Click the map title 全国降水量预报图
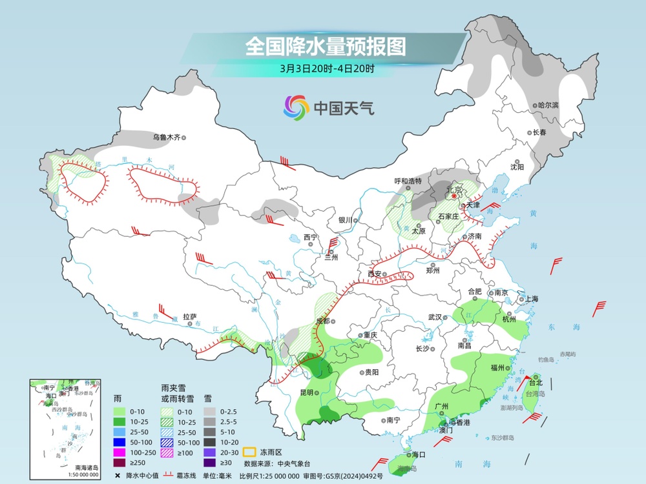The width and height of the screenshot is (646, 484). point(325,46)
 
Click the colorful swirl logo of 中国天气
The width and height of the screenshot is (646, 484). point(297,108)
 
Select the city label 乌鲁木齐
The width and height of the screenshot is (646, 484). point(166,137)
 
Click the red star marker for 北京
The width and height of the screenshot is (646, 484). point(454,196)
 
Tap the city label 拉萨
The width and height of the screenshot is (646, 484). point(189,317)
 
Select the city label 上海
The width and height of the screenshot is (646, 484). point(532,299)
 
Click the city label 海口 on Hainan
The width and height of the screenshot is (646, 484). point(418,454)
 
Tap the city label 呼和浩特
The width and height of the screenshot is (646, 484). point(408,181)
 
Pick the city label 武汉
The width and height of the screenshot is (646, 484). point(435,317)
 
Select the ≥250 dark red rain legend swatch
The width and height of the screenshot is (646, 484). point(120,462)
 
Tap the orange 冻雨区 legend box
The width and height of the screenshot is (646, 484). point(249,452)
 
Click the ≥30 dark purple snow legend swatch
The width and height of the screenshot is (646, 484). point(211,462)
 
